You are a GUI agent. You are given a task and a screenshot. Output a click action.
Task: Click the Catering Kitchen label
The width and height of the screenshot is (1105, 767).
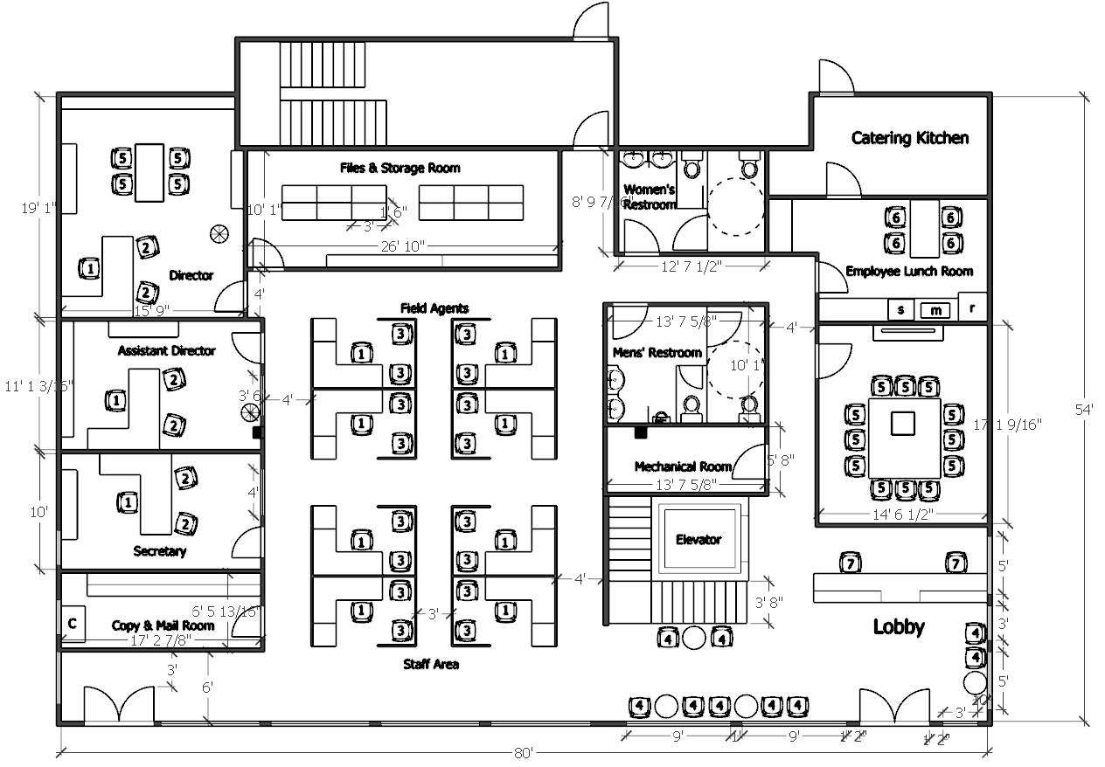pos(909,138)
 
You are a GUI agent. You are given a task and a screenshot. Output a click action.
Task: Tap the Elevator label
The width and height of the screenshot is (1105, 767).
pos(698,539)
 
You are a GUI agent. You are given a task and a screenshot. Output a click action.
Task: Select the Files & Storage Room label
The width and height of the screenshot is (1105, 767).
pos(400,168)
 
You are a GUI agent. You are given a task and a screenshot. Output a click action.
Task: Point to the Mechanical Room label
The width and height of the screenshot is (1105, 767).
pos(683,466)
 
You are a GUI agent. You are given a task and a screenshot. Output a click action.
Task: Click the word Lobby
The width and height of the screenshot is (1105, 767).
pos(899,626)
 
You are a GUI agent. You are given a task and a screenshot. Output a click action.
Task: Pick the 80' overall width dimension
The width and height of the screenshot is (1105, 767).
pos(524,751)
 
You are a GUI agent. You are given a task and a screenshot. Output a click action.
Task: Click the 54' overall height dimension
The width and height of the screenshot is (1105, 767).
pos(1087,408)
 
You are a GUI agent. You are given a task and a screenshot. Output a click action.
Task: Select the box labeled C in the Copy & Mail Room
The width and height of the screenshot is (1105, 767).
pos(73,624)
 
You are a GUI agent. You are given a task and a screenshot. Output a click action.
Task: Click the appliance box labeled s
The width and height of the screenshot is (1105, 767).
pos(901,310)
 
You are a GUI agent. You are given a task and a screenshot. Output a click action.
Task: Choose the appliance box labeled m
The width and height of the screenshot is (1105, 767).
pos(935,310)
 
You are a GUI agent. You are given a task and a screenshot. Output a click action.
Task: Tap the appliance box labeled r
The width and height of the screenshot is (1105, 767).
pos(972,307)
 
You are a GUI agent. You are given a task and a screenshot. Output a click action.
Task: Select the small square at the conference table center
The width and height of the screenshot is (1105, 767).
pos(903,424)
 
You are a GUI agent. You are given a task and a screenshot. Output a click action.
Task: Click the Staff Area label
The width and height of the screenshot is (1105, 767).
pos(431,664)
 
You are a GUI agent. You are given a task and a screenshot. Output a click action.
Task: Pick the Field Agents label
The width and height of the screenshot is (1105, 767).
pos(434,307)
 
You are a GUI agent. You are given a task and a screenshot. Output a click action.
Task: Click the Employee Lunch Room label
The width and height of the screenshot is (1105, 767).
pos(908,272)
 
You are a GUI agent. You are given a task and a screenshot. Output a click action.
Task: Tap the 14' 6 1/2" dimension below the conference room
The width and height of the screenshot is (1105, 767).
pos(903,515)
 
